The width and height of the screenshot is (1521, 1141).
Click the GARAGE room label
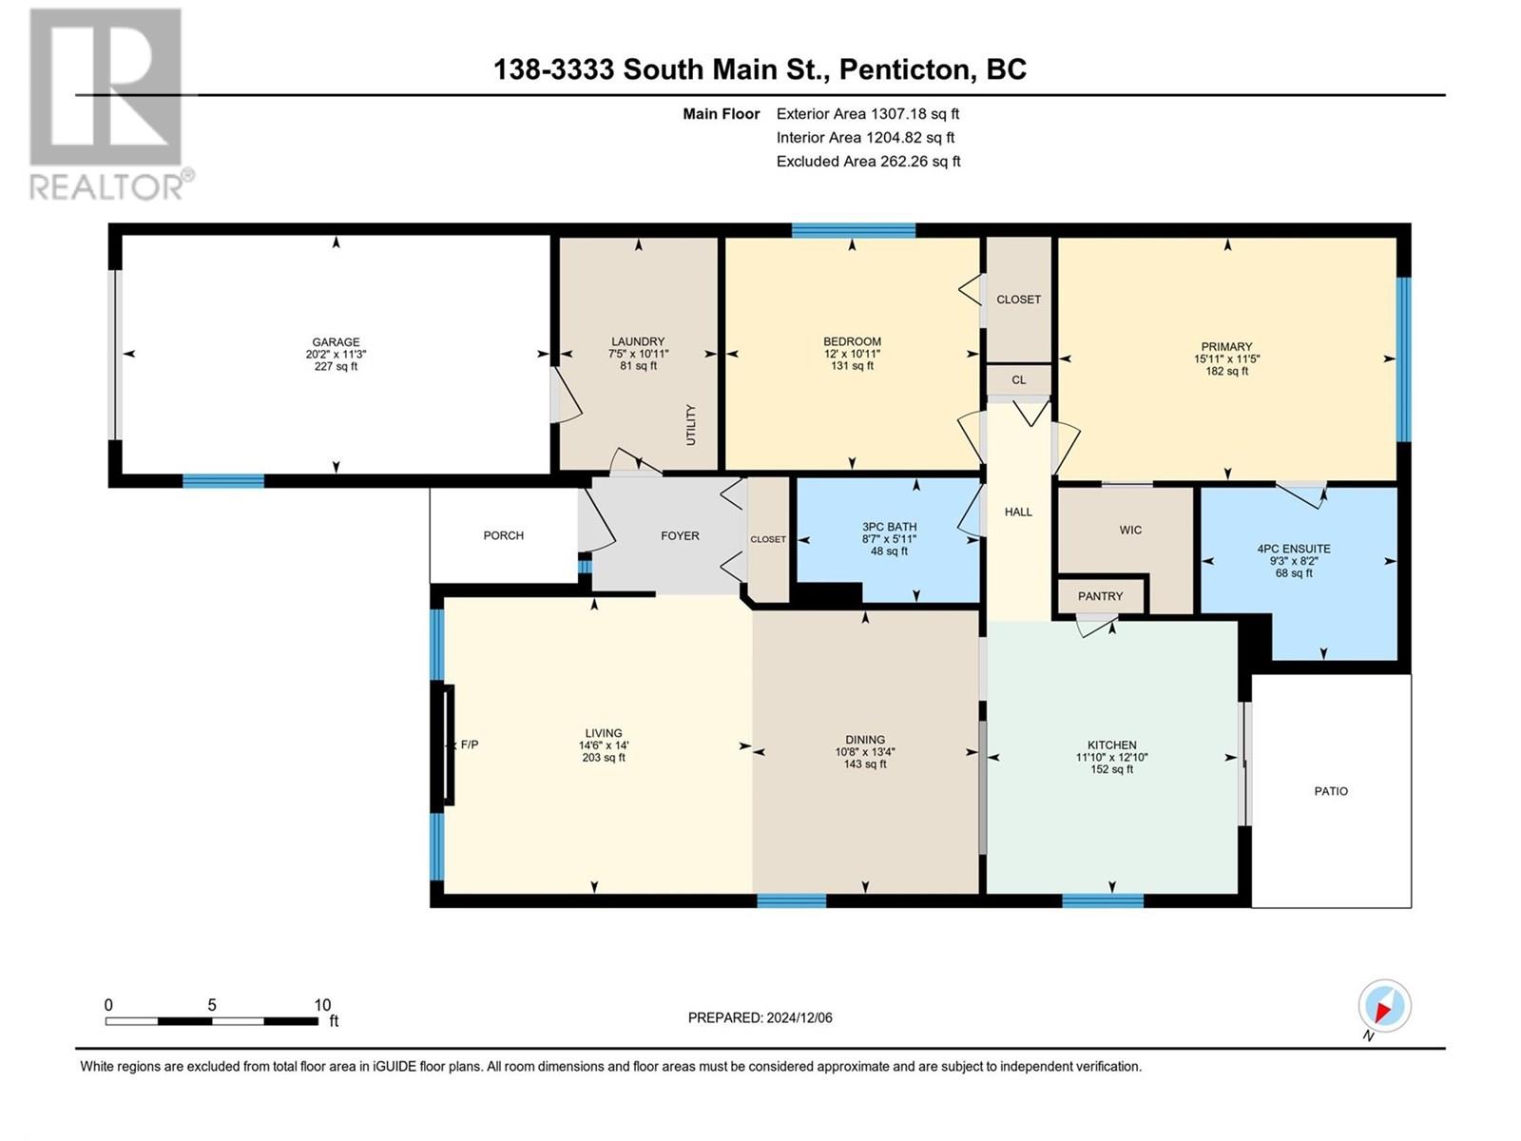336,342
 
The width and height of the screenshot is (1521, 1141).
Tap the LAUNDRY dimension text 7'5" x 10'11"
638,354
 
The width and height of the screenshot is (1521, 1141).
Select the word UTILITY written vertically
691,425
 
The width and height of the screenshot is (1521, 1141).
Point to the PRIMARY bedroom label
1226,347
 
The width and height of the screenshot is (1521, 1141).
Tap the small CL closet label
1018,379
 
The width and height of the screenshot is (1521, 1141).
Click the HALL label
1018,512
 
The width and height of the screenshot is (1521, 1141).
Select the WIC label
1129,530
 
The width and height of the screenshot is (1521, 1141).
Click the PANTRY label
1100,596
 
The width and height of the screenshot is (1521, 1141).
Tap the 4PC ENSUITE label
1293,549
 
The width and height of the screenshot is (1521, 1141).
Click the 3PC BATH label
889,527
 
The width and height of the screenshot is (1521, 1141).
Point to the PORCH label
503,535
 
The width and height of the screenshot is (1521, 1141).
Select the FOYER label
680,536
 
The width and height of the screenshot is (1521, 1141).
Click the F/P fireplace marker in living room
469,745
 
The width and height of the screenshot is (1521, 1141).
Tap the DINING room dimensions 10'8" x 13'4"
864,751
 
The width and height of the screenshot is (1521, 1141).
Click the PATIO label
1330,791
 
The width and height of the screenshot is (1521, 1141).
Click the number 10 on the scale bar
322,1005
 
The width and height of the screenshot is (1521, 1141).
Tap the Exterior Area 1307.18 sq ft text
867,113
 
